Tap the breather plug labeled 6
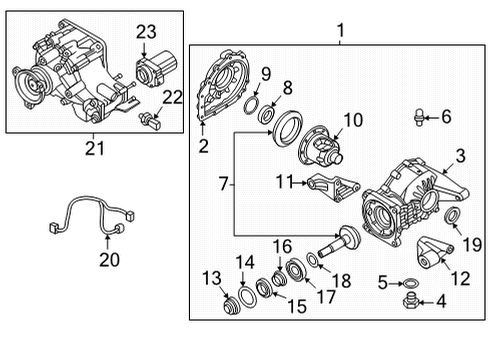[x=418, y=118]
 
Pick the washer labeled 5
[x=410, y=283]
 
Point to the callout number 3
[x=461, y=155]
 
